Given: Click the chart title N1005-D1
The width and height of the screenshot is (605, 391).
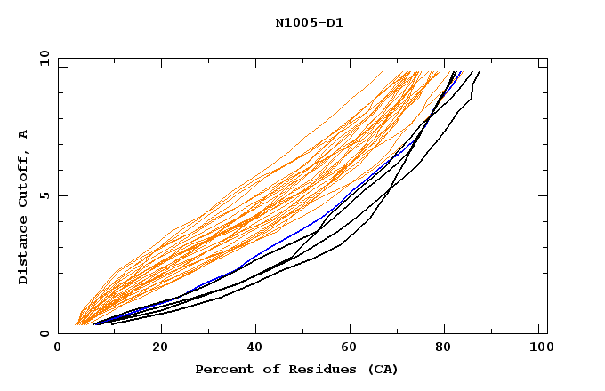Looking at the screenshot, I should coord(309,23).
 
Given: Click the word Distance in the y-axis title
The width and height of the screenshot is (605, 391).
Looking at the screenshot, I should coord(23,251).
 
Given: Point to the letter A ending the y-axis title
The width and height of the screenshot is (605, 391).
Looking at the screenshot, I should coord(23,134).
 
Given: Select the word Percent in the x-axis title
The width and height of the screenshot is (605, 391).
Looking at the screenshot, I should coord(222,369).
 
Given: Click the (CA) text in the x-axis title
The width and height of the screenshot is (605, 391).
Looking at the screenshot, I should coord(382,369).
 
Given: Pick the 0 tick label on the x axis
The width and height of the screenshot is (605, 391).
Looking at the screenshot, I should coord(58,349).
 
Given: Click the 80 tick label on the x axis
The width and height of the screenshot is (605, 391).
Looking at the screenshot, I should coord(443,349).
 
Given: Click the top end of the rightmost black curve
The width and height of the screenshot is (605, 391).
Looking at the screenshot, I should coord(480,72).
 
